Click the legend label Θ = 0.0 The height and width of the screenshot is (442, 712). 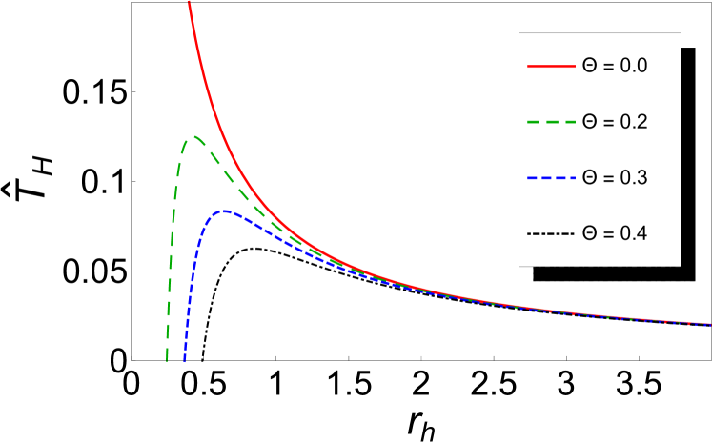click(615, 67)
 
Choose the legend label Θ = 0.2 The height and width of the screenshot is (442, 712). click(615, 122)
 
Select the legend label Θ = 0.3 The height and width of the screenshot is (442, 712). click(615, 178)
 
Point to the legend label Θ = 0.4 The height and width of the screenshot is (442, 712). click(615, 233)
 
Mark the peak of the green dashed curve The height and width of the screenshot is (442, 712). click(194, 137)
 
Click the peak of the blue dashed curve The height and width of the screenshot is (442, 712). click(224, 211)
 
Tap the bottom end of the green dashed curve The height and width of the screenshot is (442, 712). click(167, 361)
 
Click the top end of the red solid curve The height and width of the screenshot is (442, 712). click(189, 2)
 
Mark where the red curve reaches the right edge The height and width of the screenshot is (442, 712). click(710, 324)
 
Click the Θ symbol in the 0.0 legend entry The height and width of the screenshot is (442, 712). click(589, 67)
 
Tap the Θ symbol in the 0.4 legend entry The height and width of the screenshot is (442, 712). click(589, 233)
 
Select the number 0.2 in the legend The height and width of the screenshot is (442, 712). click(634, 122)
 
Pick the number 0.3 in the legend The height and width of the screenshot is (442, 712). click(634, 178)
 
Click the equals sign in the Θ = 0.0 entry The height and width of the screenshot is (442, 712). click(608, 67)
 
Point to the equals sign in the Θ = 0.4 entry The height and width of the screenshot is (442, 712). click(608, 233)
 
